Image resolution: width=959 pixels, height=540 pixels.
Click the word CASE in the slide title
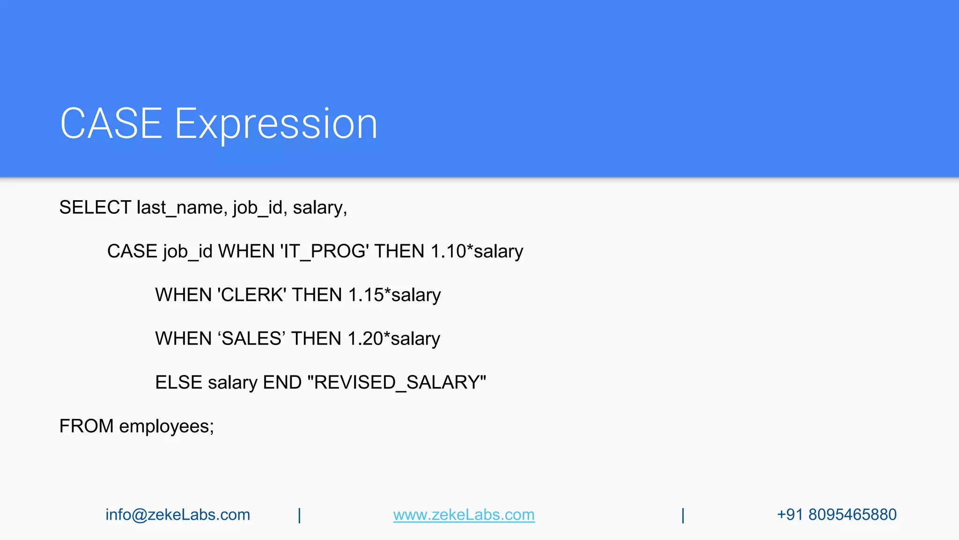(x=111, y=123)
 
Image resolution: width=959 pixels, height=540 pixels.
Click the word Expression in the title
(x=276, y=124)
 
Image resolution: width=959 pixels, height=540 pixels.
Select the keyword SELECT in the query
(x=95, y=208)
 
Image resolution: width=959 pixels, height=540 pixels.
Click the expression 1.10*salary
(x=477, y=252)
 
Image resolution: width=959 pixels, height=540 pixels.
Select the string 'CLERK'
(x=252, y=295)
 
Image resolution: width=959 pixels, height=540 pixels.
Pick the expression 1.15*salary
(x=394, y=295)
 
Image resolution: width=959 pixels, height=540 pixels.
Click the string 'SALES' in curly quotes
(x=251, y=339)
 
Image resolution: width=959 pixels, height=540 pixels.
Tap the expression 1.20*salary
(x=394, y=339)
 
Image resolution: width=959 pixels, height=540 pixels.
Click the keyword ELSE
(x=178, y=382)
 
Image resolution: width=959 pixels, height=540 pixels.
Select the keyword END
(x=282, y=382)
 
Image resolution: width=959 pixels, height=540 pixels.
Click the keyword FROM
(x=86, y=426)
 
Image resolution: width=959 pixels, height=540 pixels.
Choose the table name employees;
(x=166, y=427)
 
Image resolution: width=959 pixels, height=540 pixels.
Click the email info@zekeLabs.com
(x=177, y=515)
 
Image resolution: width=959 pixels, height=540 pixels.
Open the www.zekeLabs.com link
(x=464, y=515)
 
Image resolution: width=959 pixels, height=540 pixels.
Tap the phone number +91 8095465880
(x=836, y=515)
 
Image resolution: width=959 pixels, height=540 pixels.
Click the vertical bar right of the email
(x=299, y=515)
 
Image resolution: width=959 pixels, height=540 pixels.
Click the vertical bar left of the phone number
(x=683, y=515)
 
